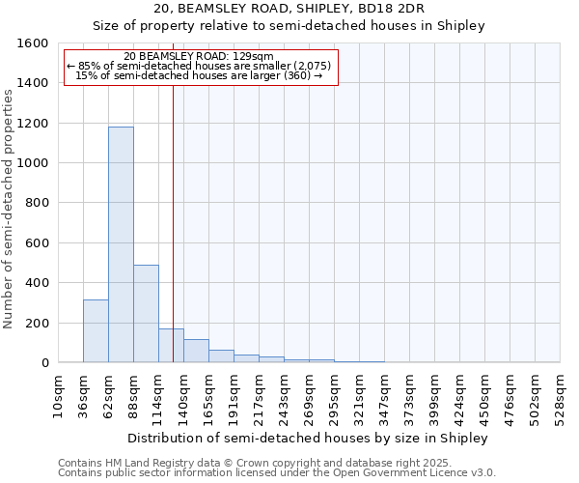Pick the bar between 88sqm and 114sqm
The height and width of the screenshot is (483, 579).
pyautogui.click(x=146, y=313)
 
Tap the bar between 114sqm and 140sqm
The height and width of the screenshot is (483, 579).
pyautogui.click(x=171, y=345)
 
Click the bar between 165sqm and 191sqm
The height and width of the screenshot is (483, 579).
pyautogui.click(x=221, y=355)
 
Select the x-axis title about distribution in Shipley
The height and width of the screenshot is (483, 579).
pyautogui.click(x=308, y=438)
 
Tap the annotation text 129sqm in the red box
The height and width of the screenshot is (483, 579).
pyautogui.click(x=255, y=56)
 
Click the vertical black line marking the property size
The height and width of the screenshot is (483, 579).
pyautogui.click(x=173, y=241)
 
